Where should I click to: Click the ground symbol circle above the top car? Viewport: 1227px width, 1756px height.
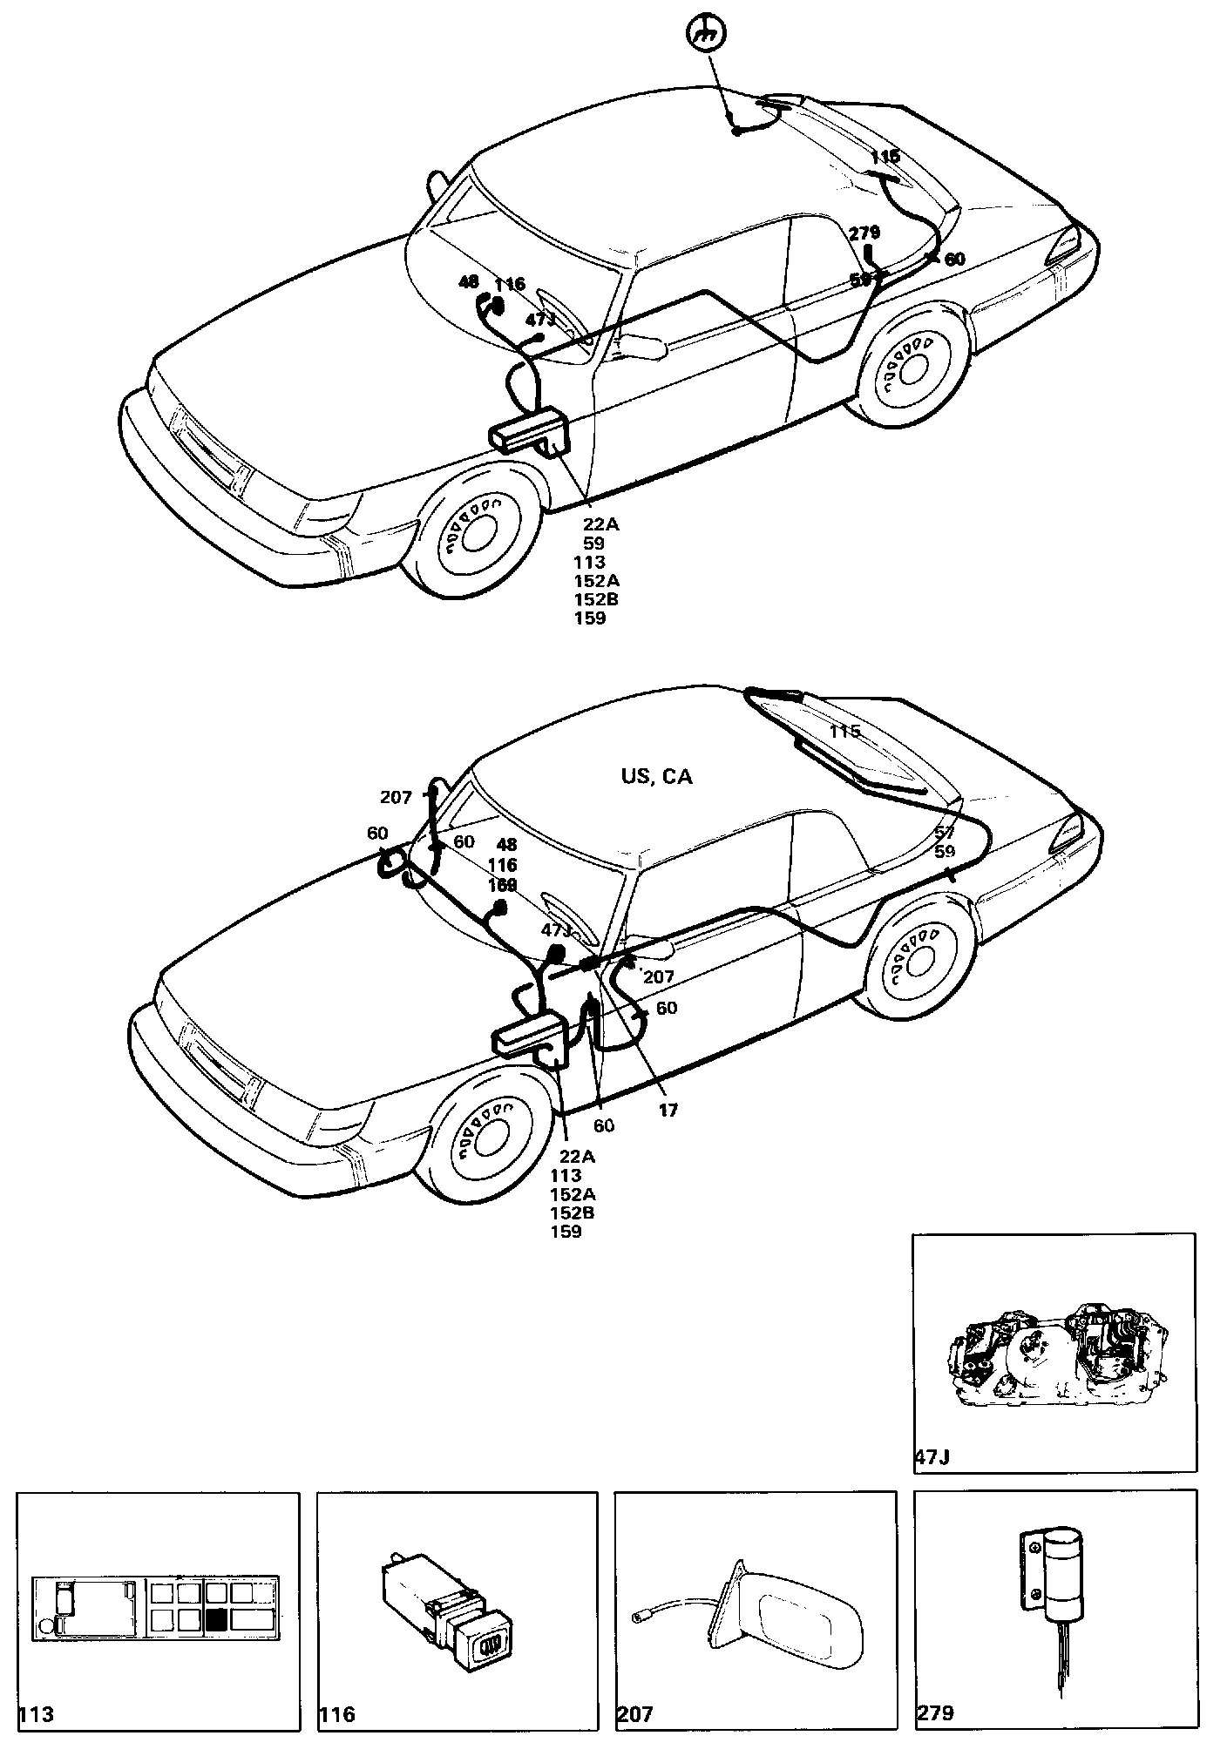tap(707, 36)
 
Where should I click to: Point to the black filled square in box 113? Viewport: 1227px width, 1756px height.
tap(216, 1619)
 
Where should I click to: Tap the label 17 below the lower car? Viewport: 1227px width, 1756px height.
tap(668, 1110)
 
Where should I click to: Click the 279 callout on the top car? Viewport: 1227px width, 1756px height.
tap(864, 233)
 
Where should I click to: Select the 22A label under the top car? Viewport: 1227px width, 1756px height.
tap(601, 524)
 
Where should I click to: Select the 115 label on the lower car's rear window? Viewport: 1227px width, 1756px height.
tap(844, 732)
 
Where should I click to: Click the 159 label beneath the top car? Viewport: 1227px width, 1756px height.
tap(590, 618)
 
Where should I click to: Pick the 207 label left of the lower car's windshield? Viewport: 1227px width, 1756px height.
tap(397, 797)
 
